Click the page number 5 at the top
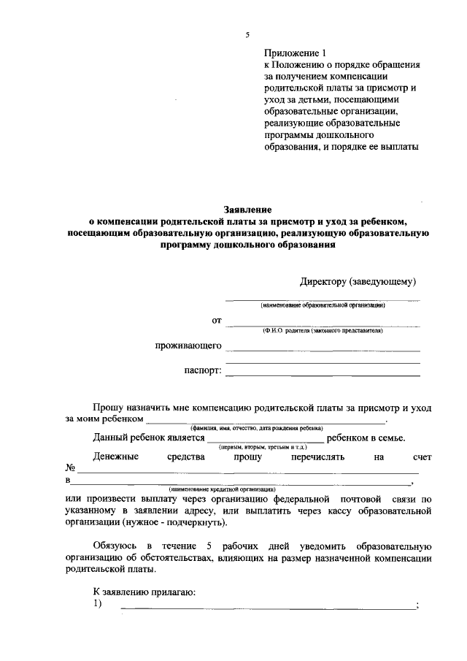click(247, 35)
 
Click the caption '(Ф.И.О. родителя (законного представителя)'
click(323, 331)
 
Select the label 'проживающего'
click(188, 345)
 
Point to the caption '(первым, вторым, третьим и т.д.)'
click(263, 446)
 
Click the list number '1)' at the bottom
click(98, 604)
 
